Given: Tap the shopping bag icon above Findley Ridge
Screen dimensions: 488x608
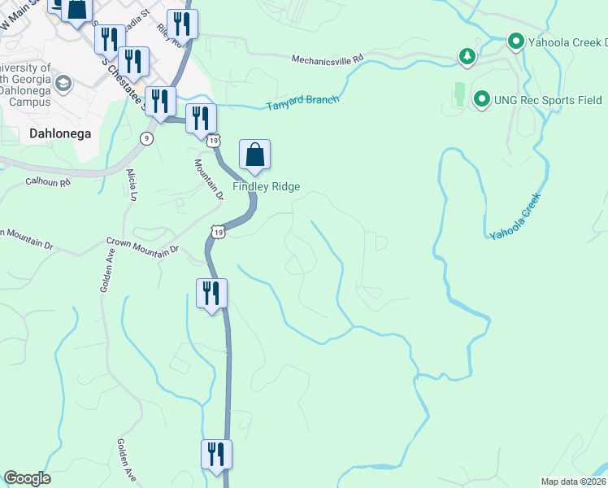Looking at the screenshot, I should (254, 155).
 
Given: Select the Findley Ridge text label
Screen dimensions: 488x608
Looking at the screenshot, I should (267, 186).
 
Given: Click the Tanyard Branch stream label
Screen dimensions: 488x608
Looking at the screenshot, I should (302, 102).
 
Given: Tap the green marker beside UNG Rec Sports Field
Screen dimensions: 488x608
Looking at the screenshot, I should (480, 99).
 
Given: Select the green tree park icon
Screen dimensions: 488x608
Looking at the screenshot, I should (467, 56).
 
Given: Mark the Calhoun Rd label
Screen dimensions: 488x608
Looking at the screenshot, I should (48, 181).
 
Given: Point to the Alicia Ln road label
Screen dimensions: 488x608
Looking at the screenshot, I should (132, 184).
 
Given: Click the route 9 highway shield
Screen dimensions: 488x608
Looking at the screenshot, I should (145, 138).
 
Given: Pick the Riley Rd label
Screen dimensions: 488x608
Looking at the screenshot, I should (169, 35).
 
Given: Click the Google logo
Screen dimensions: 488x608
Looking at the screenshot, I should (27, 478).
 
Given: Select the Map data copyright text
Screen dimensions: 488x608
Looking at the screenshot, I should (573, 481).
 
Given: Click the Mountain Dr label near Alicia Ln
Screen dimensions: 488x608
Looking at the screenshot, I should (208, 178).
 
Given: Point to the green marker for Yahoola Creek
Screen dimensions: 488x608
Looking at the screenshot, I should (515, 40).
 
